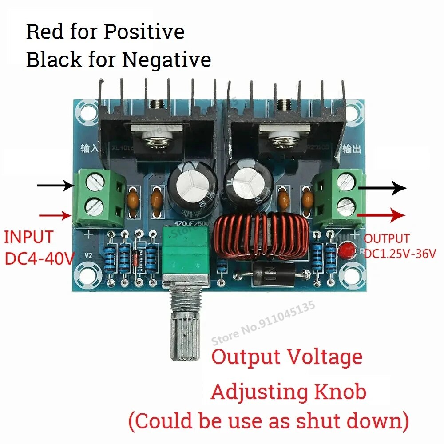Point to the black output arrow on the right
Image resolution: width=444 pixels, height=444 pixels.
382,188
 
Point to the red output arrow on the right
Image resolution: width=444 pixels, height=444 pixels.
382,215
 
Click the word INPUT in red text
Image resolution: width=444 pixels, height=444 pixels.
29,237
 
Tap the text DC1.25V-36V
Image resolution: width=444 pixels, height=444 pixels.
400,254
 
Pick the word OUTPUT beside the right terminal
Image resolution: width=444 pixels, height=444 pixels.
387,239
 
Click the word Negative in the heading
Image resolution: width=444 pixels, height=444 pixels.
166,59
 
